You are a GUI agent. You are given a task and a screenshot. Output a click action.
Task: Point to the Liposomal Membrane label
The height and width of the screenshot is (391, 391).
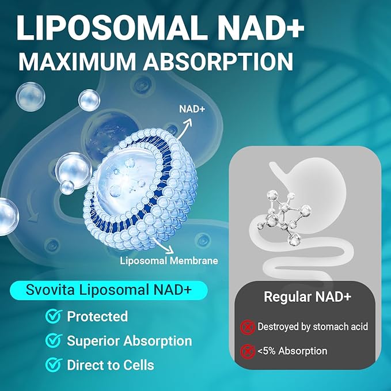169,260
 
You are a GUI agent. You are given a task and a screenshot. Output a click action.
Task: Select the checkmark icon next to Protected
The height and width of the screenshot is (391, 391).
54,316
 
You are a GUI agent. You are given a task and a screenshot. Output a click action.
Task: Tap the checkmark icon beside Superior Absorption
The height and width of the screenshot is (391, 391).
54,340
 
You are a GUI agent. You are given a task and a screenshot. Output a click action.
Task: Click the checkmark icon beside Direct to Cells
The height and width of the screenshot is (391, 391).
54,365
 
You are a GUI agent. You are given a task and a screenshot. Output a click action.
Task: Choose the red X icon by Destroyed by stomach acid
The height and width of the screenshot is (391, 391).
247,327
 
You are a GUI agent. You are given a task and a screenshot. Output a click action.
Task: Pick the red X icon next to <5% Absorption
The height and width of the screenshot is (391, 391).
247,351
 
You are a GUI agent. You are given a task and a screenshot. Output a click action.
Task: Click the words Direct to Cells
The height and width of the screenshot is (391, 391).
111,365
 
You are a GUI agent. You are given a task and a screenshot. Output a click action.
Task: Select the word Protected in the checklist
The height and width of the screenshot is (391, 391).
97,316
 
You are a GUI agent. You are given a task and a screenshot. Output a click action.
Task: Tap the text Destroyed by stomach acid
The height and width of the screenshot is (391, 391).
312,327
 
